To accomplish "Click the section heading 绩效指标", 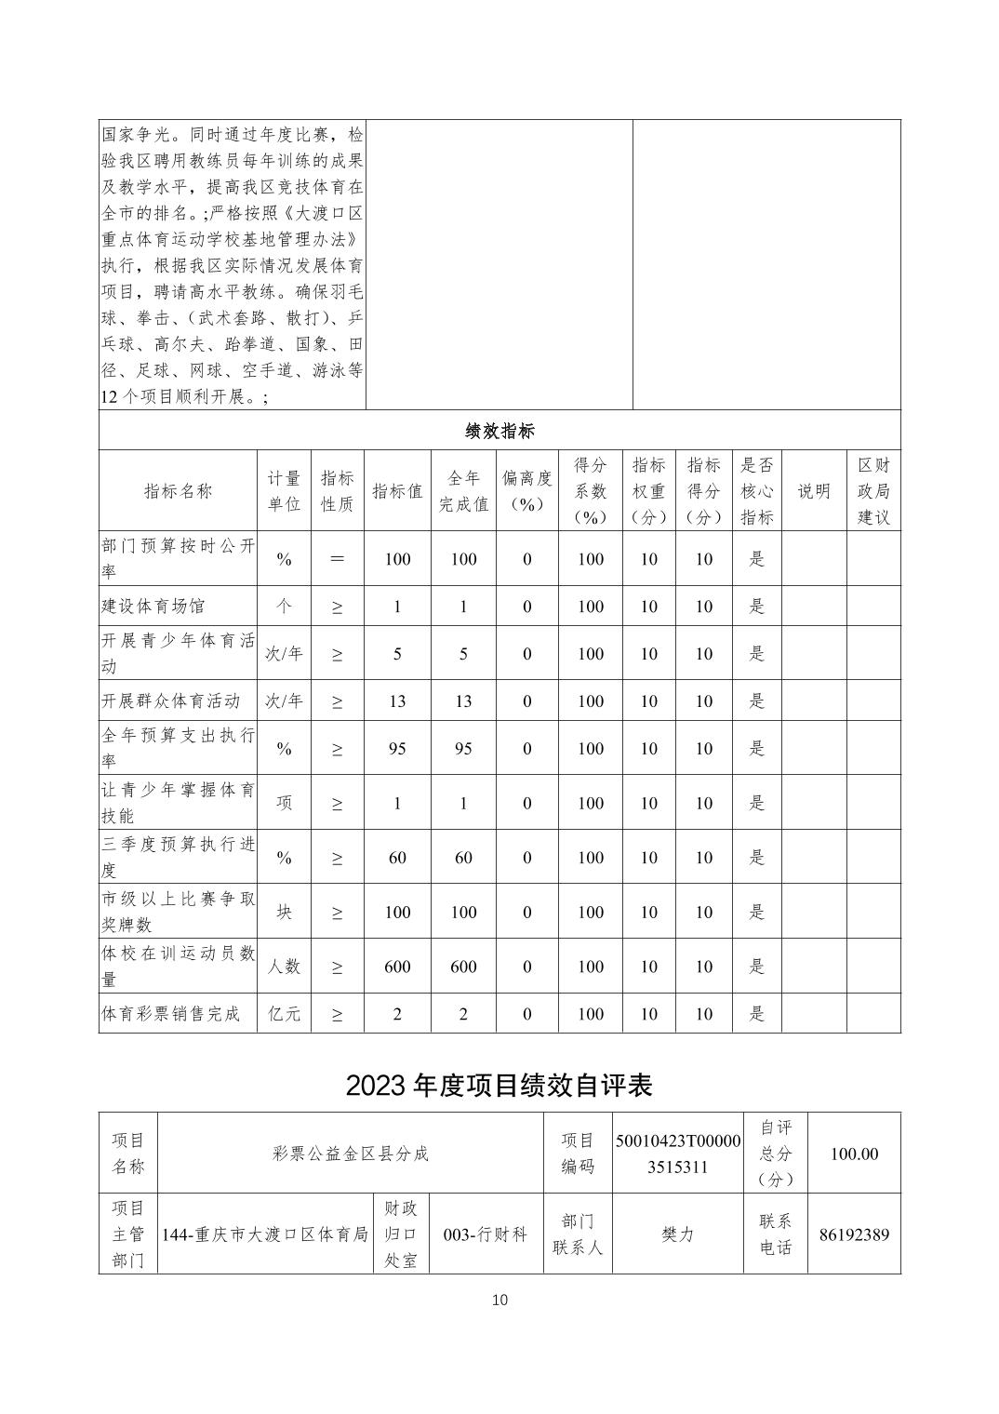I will pos(499,431).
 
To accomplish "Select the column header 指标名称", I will pos(178,491).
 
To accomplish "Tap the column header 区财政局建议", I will pos(873,491).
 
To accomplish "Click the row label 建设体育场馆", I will pos(153,607).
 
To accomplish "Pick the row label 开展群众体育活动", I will pos(171,700).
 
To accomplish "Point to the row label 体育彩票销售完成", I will pos(171,1014).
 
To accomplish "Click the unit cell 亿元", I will pos(284,1014).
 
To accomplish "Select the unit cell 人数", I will pos(284,967).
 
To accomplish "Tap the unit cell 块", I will pos(284,912).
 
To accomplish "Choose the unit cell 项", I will pos(284,803).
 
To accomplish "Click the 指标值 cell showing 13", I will pos(397,700).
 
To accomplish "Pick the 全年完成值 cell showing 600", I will pos(463,967).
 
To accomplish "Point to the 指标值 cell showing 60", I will pos(397,858).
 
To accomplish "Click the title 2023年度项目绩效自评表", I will pos(499,1085).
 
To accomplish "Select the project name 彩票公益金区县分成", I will pos(351,1154).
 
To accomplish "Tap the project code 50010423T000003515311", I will pos(678,1154).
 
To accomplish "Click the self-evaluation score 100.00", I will pos(854,1154).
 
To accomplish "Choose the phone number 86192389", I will pos(854,1235).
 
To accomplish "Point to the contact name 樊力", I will pos(678,1235).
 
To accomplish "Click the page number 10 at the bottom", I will pos(499,1300).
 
